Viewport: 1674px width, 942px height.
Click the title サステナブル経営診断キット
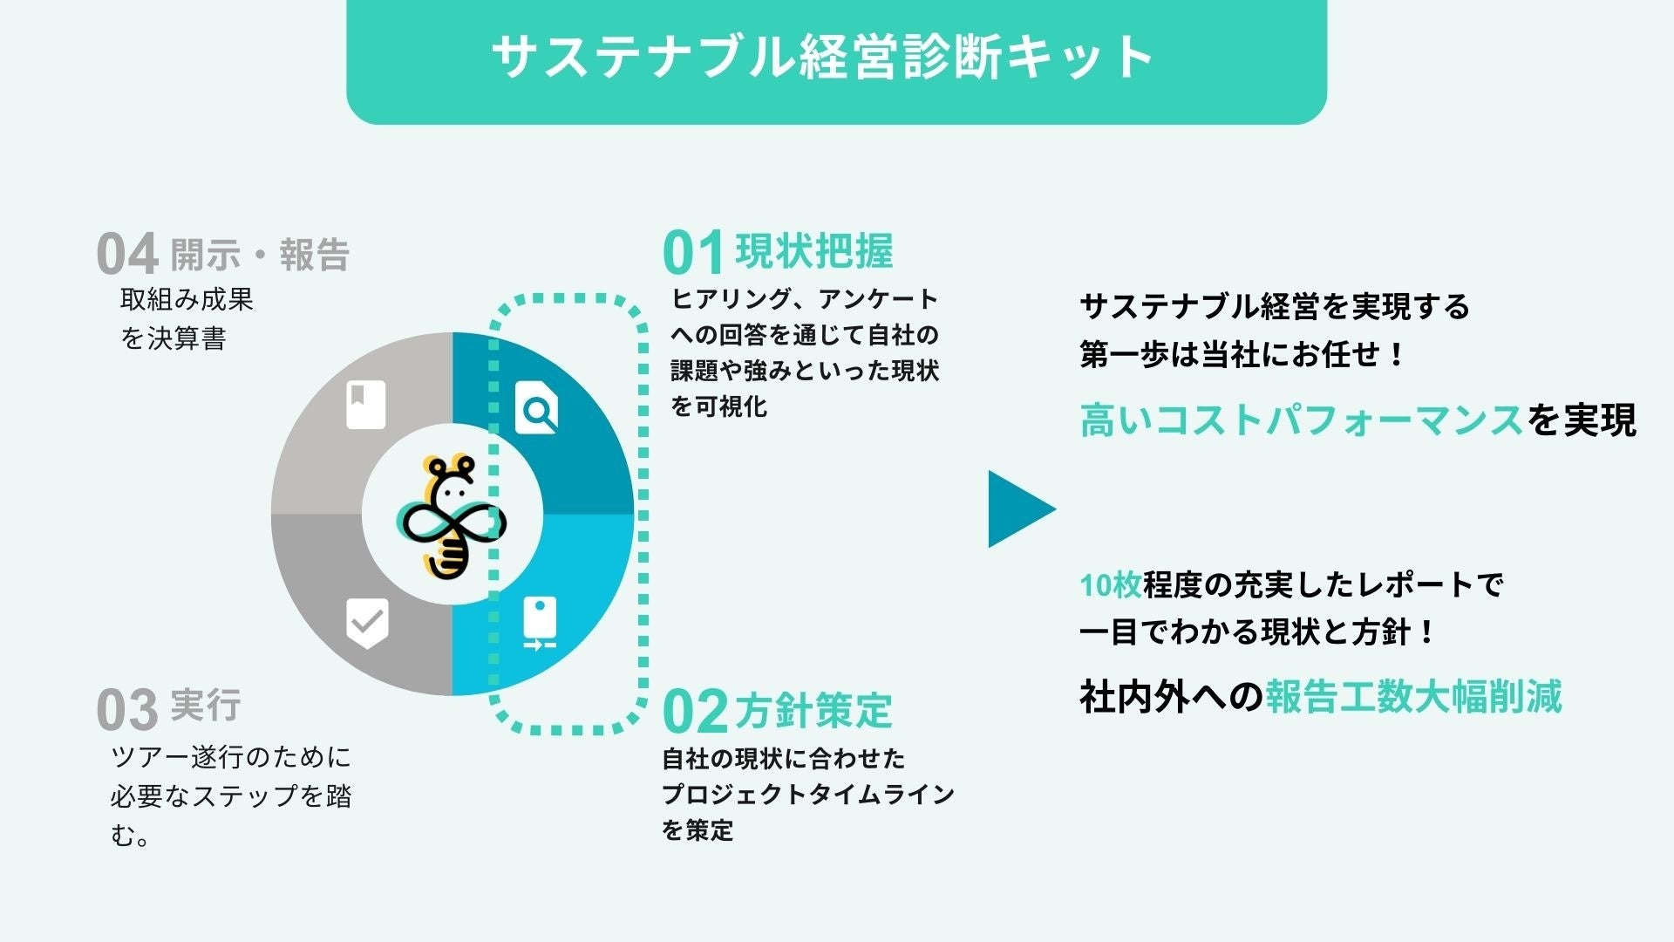click(823, 58)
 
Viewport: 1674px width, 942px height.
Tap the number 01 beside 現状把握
click(693, 254)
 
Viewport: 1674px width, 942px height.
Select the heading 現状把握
click(814, 251)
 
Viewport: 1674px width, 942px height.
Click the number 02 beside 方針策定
click(695, 712)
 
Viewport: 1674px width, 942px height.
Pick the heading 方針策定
click(814, 710)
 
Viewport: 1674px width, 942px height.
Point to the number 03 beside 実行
click(127, 710)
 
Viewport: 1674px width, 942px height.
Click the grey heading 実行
click(206, 705)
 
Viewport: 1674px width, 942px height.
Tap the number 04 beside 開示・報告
click(127, 255)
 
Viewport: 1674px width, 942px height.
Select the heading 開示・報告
click(260, 255)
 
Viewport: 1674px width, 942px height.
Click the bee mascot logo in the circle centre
click(452, 516)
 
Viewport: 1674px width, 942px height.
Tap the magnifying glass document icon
click(536, 407)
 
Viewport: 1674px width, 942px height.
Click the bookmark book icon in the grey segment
click(365, 405)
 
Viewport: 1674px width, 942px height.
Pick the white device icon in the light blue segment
click(540, 623)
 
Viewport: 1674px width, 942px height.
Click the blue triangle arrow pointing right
click(1018, 509)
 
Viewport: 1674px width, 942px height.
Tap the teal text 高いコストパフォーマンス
click(1301, 420)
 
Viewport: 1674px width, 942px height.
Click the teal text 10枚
click(1111, 585)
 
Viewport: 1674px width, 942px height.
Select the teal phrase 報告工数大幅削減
click(1413, 696)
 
